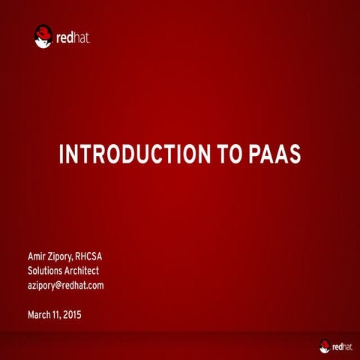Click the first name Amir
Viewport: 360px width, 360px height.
point(38,256)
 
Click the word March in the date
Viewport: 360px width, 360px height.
point(40,315)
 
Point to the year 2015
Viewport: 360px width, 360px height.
point(71,315)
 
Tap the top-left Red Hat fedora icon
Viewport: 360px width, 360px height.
point(43,35)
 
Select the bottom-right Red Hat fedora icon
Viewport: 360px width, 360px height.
point(325,346)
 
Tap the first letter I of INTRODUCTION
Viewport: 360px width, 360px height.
point(61,154)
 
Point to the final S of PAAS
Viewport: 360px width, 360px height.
point(295,154)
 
